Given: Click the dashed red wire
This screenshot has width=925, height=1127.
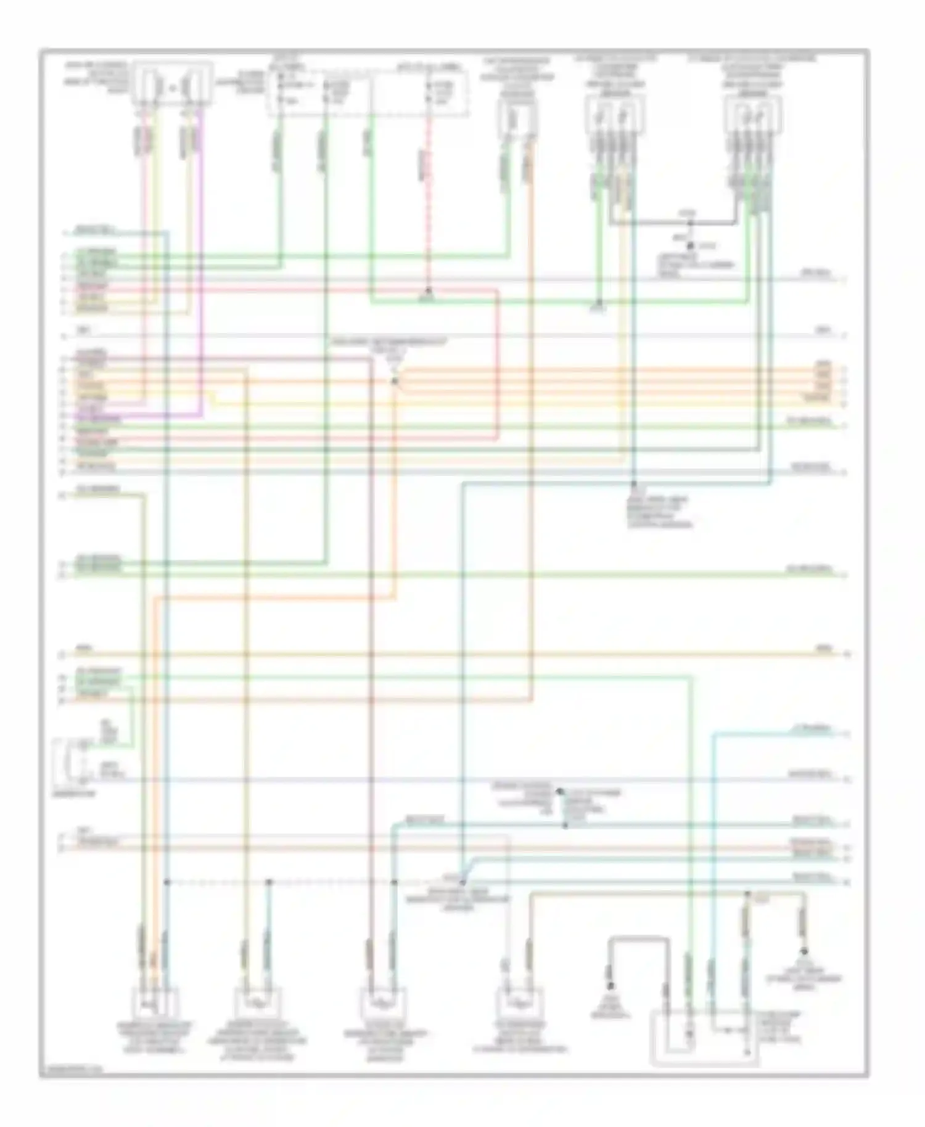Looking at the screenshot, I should tap(428, 203).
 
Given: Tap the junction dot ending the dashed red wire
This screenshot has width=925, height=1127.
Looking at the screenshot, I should tap(428, 290).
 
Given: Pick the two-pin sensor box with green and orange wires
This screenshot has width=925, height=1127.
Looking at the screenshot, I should tap(517, 117).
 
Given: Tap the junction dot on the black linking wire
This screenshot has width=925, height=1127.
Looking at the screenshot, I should tap(690, 223).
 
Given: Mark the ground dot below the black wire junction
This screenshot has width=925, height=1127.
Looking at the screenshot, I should tap(690, 245).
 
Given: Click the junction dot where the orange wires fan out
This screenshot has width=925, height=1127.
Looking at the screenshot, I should tap(395, 382).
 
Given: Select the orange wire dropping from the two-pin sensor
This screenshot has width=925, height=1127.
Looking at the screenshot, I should tap(531, 432).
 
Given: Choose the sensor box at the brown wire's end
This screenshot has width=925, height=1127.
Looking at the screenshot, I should tap(382, 1004).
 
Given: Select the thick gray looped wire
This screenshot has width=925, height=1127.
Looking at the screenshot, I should tap(639, 939).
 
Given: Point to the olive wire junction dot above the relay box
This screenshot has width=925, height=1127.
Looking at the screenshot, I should tap(747, 893).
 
